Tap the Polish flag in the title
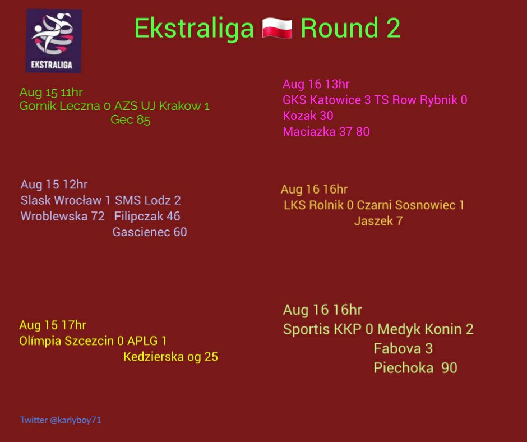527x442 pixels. tap(277, 29)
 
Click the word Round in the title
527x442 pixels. tap(339, 28)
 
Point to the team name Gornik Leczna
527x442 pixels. tap(60, 106)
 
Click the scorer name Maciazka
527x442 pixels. tap(309, 131)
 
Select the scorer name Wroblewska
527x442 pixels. tap(54, 216)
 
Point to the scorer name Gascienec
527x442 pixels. tap(141, 232)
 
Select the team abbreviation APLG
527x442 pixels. tap(142, 340)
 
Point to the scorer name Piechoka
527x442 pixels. tap(403, 367)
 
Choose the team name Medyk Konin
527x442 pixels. tap(422, 329)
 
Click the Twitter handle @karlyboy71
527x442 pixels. tap(75, 420)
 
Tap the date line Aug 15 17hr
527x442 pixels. tap(53, 325)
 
